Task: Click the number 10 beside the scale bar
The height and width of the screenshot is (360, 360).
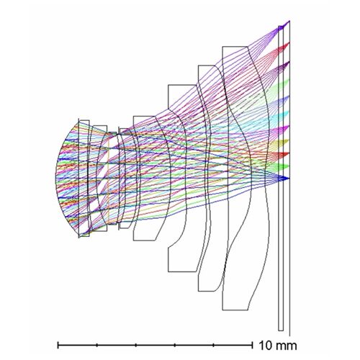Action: [x=265, y=346]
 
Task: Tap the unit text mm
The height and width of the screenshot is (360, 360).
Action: [x=286, y=346]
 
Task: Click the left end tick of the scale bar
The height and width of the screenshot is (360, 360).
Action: [x=58, y=345]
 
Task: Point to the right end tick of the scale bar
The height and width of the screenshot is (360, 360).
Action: [x=252, y=345]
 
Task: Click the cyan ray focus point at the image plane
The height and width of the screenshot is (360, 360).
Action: [x=289, y=112]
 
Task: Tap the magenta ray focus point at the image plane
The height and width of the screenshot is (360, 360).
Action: [x=289, y=126]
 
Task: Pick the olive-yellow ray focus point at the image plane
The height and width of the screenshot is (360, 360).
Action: [x=289, y=140]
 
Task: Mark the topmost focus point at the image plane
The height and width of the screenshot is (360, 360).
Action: [x=289, y=21]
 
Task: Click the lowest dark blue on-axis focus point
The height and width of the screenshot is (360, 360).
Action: [x=289, y=179]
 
